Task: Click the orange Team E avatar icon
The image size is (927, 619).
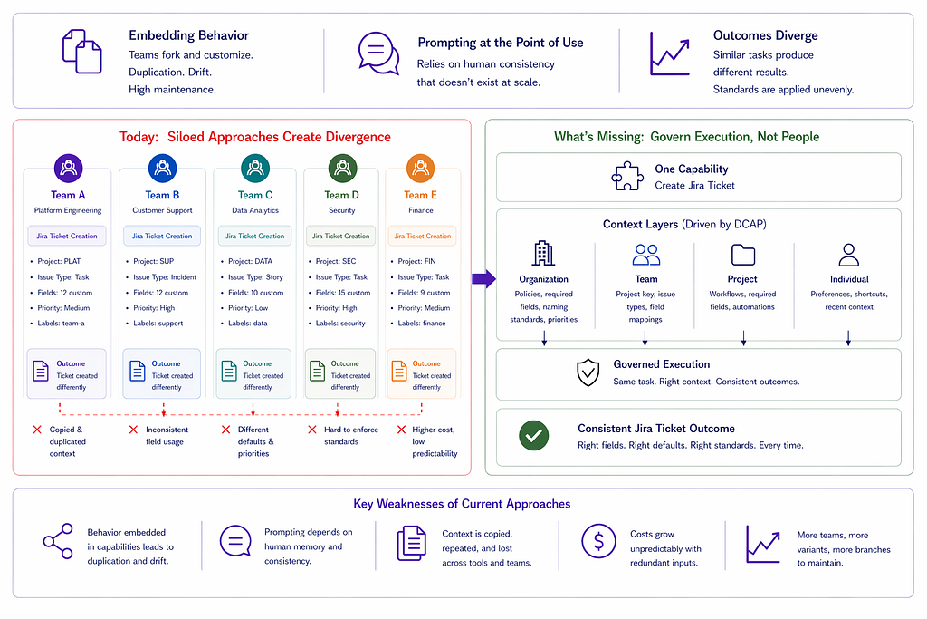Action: (420, 168)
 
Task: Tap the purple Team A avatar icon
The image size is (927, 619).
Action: (69, 168)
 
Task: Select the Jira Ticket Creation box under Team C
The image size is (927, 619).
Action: (254, 236)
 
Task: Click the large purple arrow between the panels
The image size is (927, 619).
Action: (483, 278)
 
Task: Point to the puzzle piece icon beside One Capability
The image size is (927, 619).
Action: (627, 177)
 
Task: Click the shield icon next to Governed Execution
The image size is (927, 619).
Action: (588, 372)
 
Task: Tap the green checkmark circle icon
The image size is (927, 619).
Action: (534, 436)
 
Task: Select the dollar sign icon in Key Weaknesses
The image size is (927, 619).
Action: (598, 541)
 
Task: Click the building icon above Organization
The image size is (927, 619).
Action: (543, 253)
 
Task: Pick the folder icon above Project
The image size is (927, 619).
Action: (743, 255)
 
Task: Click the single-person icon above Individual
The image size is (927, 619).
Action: (848, 255)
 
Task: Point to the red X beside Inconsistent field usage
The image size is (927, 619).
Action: (134, 430)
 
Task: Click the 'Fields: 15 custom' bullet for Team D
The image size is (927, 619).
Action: (343, 293)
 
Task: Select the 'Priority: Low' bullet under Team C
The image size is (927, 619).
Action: (248, 308)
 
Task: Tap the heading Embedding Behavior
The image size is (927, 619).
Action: (188, 35)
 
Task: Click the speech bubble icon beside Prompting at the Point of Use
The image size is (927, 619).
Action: (378, 53)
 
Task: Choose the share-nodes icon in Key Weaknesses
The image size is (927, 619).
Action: (58, 541)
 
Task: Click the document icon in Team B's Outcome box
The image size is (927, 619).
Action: (138, 371)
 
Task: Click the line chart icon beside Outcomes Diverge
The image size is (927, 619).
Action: (670, 53)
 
